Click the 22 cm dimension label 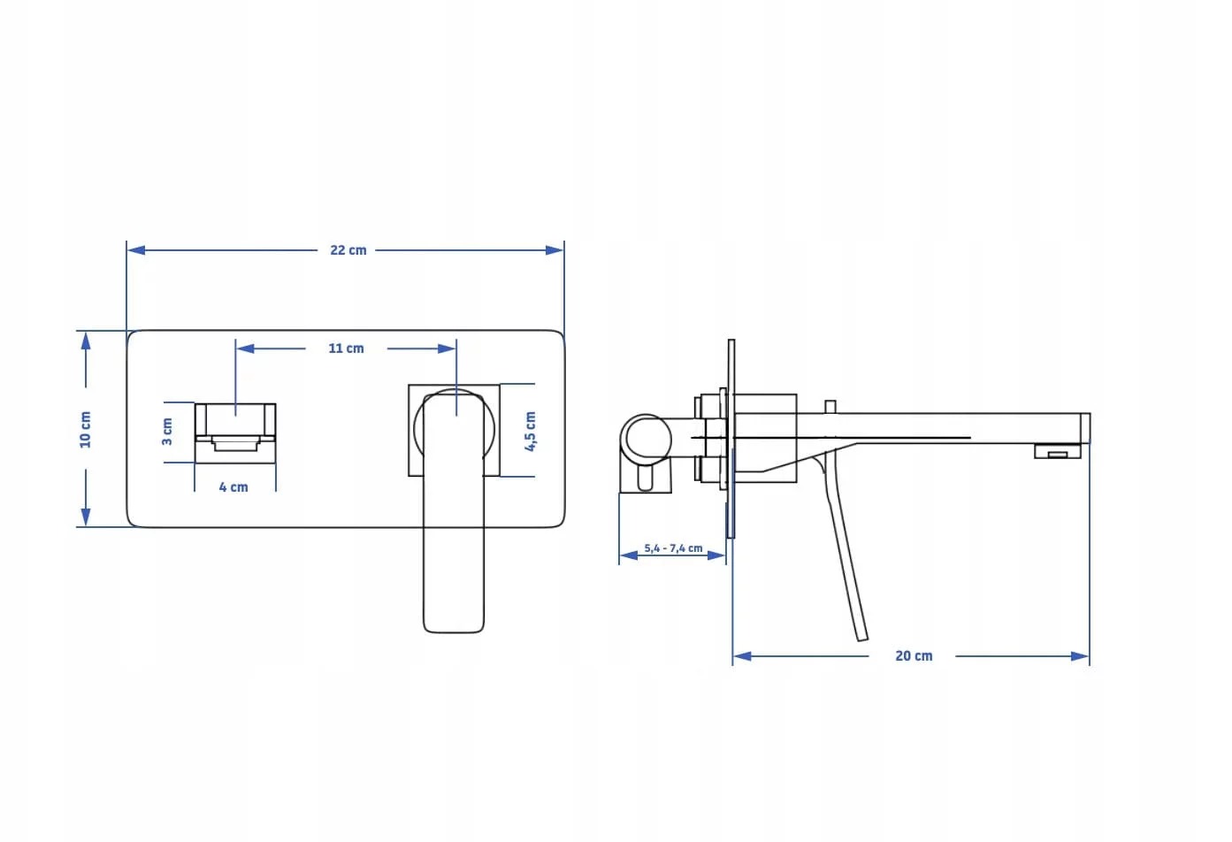coord(348,250)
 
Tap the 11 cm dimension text coord(346,348)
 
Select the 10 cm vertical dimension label coord(85,430)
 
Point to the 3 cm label coord(167,432)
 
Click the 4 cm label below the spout coord(233,487)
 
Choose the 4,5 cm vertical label coord(530,432)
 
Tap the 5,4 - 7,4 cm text coord(673,548)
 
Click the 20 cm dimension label coord(914,656)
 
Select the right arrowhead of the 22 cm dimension coord(555,250)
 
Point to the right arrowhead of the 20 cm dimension coord(1080,656)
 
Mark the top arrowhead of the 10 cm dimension coord(86,341)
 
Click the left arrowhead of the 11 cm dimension coord(245,348)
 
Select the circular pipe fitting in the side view coord(646,440)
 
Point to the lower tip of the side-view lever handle coord(862,639)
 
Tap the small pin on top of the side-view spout coord(830,407)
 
